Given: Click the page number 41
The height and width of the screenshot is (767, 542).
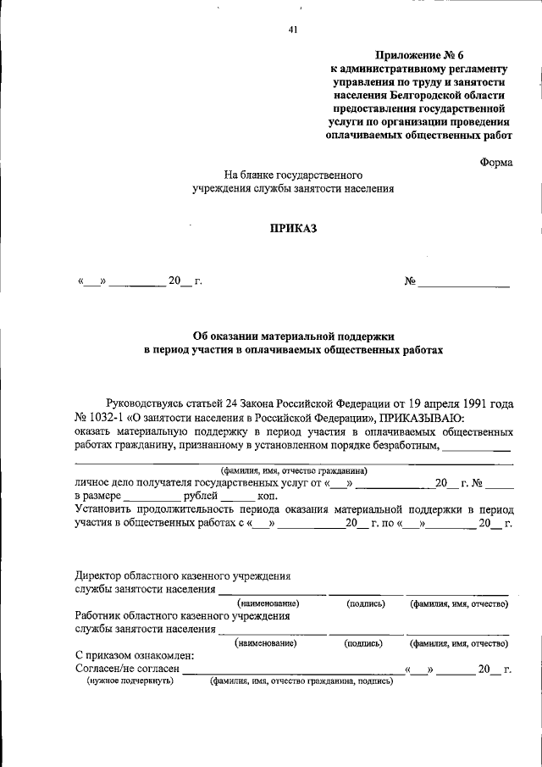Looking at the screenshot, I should click(x=293, y=31).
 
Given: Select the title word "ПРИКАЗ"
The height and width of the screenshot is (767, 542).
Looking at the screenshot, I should click(x=293, y=229).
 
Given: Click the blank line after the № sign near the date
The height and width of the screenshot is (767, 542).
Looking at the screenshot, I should click(x=464, y=281).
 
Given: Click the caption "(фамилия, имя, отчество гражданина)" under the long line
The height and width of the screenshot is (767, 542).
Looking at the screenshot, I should click(x=293, y=470).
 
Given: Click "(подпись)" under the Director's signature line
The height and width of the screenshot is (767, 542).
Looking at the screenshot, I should click(x=366, y=603).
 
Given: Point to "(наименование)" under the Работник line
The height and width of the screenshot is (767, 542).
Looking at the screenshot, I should click(x=268, y=643).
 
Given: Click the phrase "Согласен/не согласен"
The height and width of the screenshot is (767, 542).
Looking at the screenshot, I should click(x=127, y=670).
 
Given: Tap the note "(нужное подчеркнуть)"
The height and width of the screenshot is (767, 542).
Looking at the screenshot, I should click(x=131, y=681).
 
